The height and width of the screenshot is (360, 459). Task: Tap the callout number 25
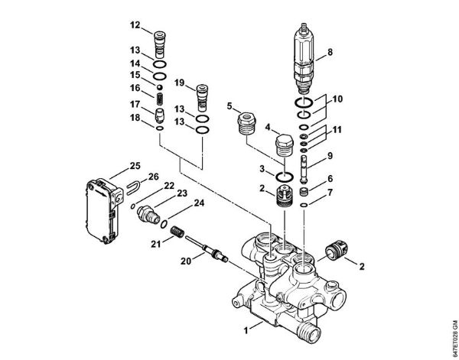click(x=135, y=165)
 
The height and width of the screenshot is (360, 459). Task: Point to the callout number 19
click(x=179, y=82)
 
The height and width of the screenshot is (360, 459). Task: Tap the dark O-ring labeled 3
click(x=283, y=178)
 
